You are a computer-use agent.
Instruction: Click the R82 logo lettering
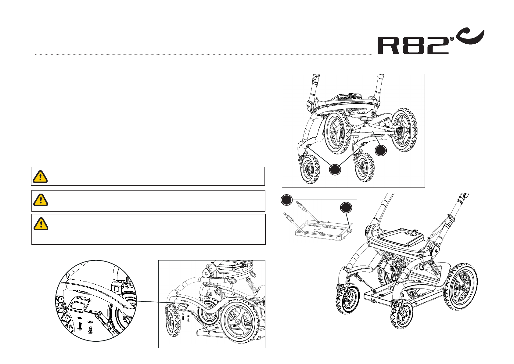click(413, 45)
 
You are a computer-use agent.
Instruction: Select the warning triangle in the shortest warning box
click(40, 176)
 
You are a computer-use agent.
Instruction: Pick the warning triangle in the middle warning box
click(40, 200)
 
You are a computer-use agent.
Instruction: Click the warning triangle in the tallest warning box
click(40, 224)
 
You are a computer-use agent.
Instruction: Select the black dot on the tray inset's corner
click(286, 200)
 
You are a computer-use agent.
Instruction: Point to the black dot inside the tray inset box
click(346, 208)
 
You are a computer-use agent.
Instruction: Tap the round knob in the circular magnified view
click(60, 299)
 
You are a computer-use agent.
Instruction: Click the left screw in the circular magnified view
click(80, 326)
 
